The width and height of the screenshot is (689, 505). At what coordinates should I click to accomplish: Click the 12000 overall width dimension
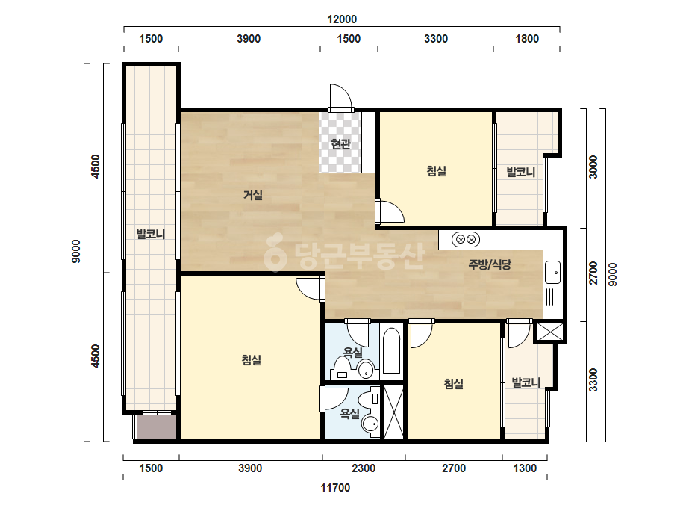[342, 19]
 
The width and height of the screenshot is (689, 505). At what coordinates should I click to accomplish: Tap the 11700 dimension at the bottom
[335, 487]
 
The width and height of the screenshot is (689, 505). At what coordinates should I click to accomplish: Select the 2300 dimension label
[364, 468]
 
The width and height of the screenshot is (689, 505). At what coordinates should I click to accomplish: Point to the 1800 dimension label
[527, 39]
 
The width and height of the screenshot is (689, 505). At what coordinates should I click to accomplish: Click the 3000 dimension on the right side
[593, 167]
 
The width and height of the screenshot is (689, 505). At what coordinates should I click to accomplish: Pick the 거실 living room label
[253, 194]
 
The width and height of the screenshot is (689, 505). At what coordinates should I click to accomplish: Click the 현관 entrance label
[340, 144]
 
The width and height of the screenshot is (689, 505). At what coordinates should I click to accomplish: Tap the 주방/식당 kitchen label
[490, 264]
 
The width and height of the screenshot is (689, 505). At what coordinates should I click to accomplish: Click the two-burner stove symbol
[466, 240]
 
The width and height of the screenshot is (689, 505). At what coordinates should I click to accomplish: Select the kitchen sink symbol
[552, 273]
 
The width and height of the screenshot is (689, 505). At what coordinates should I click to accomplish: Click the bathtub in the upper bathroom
[391, 351]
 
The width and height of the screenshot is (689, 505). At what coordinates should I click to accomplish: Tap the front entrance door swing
[341, 98]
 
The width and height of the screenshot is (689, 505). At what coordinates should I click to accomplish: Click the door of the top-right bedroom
[390, 211]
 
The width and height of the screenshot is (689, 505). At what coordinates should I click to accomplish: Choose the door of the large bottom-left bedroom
[311, 289]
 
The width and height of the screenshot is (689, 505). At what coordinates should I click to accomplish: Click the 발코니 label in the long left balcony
[150, 234]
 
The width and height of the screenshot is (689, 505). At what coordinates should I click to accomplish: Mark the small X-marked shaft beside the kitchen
[550, 332]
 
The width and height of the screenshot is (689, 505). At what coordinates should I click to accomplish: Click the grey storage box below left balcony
[157, 427]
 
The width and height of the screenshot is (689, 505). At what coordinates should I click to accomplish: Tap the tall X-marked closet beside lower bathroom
[393, 412]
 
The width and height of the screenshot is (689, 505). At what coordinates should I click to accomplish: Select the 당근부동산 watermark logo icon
[275, 253]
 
